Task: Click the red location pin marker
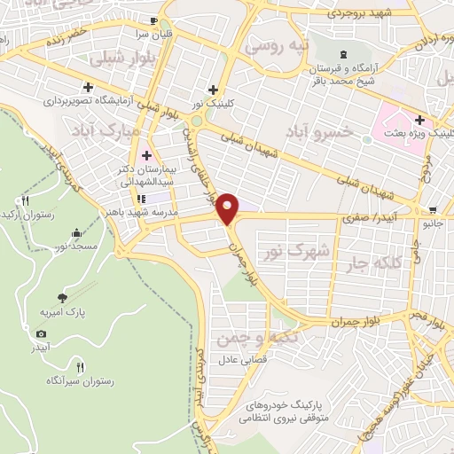pos(229,207)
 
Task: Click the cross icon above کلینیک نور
pos(212,89)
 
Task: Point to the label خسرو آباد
pos(318,131)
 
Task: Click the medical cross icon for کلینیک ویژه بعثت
pos(419,120)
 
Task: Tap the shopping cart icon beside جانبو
pos(432,211)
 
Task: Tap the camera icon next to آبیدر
pos(41,333)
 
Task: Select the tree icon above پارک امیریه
pos(61,299)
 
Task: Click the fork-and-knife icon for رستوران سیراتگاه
pos(80,366)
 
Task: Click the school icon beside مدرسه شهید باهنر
pos(140,199)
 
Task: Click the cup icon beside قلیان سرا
pos(156,20)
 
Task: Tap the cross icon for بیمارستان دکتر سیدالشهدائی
pos(147,155)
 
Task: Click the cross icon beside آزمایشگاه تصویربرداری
pos(88,87)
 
